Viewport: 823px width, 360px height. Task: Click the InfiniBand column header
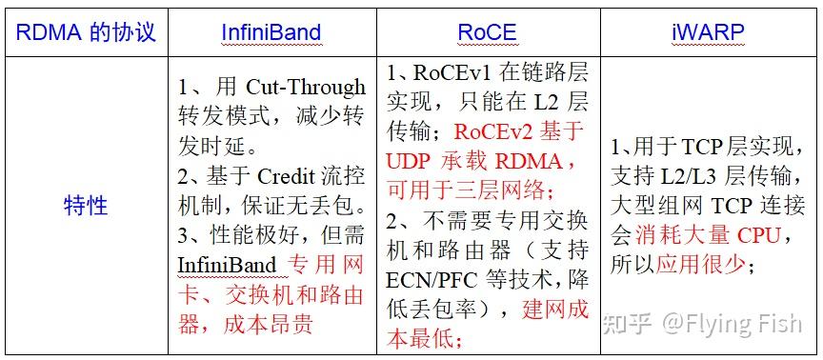[x=272, y=31]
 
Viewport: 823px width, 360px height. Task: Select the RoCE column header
[x=487, y=31]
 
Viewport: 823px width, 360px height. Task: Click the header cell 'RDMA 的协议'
[x=87, y=31]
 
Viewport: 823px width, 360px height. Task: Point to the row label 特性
[x=87, y=206]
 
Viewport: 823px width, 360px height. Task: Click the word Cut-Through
[x=311, y=88]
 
